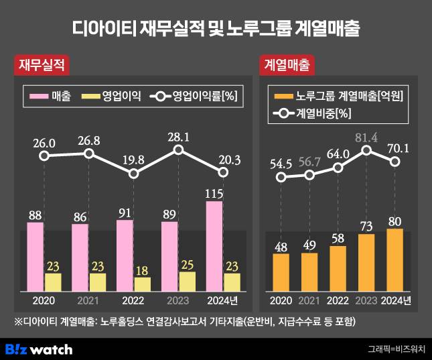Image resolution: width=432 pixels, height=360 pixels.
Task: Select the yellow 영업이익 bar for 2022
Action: tap(143, 284)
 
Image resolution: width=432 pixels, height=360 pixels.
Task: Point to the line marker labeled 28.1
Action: tap(179, 149)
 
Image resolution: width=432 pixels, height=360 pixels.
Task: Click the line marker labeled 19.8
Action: tap(134, 174)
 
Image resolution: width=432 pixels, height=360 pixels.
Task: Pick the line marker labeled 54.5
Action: tap(282, 178)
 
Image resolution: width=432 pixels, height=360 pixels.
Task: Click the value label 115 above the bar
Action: tap(214, 192)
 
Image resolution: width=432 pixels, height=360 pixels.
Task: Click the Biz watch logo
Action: tap(39, 349)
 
